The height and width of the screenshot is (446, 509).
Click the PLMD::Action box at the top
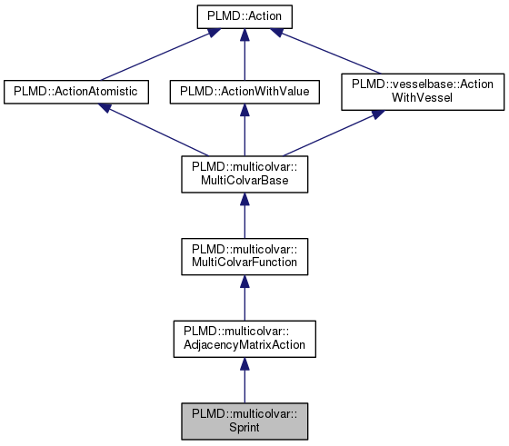244,16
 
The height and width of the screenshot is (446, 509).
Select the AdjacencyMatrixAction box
244,338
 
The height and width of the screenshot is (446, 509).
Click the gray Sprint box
244,421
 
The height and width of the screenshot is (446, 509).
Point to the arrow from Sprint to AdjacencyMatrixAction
244,382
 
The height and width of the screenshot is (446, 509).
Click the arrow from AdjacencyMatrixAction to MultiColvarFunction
244,300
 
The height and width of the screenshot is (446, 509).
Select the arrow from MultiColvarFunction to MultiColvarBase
244,218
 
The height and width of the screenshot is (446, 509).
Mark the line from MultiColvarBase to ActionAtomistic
155,132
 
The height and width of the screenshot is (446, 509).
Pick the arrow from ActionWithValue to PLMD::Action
244,55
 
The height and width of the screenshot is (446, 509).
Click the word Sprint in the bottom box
244,428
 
